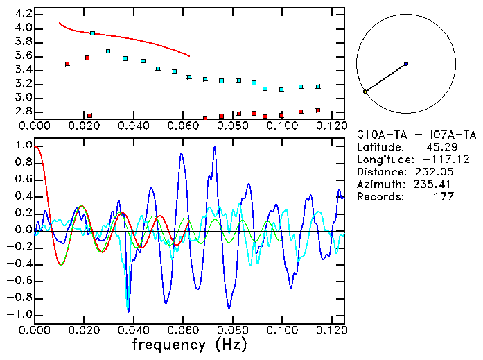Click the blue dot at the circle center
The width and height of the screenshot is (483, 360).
click(406, 64)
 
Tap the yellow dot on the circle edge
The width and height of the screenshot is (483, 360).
click(365, 92)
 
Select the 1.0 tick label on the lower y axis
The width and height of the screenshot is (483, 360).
click(23, 146)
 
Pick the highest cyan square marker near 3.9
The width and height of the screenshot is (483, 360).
click(93, 33)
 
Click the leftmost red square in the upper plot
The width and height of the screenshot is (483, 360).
click(67, 64)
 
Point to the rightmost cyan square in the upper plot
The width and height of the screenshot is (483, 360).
click(318, 87)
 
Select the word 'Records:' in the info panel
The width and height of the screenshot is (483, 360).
click(379, 197)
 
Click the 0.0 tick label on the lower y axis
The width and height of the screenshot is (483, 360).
click(23, 230)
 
